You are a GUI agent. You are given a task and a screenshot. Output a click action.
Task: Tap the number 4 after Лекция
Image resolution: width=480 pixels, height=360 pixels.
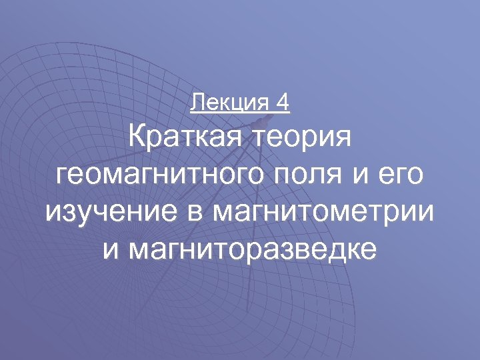click(283, 103)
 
